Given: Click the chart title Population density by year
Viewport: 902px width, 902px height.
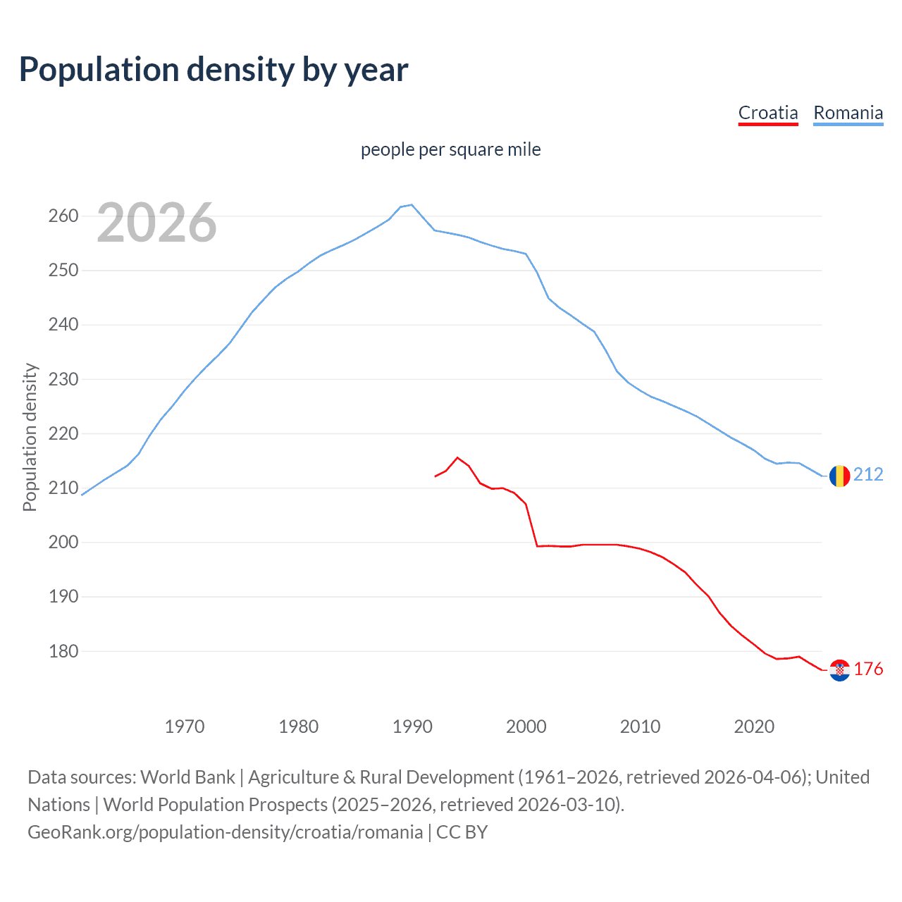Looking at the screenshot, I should (x=214, y=70).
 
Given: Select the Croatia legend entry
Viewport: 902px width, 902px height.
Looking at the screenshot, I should (x=768, y=113).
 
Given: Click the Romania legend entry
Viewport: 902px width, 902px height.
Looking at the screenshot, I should (x=848, y=113).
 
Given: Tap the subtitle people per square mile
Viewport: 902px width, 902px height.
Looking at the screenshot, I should (x=450, y=149).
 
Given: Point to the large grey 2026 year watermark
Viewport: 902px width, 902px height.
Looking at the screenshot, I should (x=156, y=223).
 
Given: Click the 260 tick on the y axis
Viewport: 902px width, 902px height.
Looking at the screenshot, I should (x=63, y=216).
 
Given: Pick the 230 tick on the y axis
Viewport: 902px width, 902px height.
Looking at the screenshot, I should (x=63, y=379).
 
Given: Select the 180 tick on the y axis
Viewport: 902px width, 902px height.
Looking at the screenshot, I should (x=63, y=651).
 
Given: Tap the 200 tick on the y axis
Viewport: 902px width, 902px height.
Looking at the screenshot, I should (x=63, y=543).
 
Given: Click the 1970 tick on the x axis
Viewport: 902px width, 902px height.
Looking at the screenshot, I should (x=185, y=727).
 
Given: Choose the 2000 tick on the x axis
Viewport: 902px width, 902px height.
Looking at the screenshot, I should (x=526, y=727).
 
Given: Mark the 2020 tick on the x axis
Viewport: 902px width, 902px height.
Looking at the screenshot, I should (x=754, y=727).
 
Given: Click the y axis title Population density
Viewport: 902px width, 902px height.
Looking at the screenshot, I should (x=30, y=437).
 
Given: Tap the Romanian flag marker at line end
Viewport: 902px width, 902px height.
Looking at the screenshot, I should (x=839, y=476).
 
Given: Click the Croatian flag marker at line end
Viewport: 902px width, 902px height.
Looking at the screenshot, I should (x=839, y=670).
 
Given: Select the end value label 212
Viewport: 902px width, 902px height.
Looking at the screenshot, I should (x=868, y=475).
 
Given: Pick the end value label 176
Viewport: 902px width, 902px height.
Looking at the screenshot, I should (x=868, y=669).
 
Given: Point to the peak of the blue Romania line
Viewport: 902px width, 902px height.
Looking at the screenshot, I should (x=412, y=205).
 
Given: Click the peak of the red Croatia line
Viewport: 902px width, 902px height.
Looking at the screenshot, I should (x=457, y=457).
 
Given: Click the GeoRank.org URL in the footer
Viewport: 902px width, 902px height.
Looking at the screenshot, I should (x=225, y=832).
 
